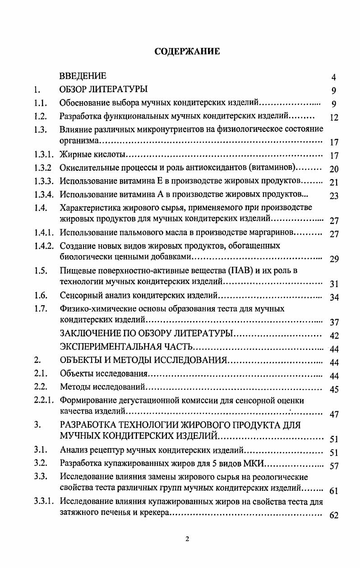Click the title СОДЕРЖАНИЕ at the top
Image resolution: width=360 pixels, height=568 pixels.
click(187, 51)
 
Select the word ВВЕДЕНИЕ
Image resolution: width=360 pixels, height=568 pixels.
click(83, 75)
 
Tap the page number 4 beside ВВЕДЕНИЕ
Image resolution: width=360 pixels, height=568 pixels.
click(333, 77)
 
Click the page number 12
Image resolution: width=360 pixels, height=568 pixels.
click(334, 118)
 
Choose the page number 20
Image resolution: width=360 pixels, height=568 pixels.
click(334, 169)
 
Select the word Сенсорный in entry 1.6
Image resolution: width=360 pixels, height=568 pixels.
click(78, 296)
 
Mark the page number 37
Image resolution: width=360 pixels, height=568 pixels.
click(334, 322)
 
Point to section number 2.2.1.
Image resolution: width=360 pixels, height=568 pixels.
click(44, 400)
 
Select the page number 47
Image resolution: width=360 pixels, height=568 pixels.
click(334, 414)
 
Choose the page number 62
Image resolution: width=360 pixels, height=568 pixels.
click(334, 516)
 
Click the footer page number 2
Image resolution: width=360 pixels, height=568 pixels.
click(187, 538)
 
